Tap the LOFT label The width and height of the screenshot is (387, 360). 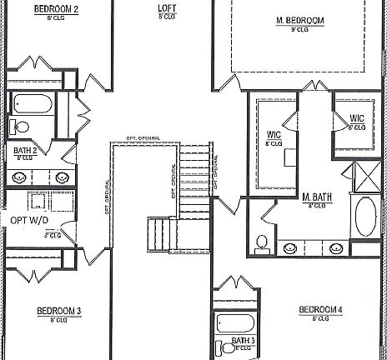pos(167,8)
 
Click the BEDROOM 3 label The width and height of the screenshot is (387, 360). pos(58,311)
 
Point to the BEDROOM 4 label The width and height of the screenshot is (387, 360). pos(320,311)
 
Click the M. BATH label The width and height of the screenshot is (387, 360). pos(319,197)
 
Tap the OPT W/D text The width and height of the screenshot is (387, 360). pos(28,221)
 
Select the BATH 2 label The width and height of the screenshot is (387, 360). pos(24,151)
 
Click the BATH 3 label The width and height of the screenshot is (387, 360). pos(244,340)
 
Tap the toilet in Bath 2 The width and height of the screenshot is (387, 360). pos(18,127)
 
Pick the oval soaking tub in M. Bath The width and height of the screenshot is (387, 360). pos(366,216)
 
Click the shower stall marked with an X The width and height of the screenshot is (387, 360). pos(366,177)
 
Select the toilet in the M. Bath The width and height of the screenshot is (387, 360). pos(261,243)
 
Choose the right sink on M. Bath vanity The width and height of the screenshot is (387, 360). pos(337,247)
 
